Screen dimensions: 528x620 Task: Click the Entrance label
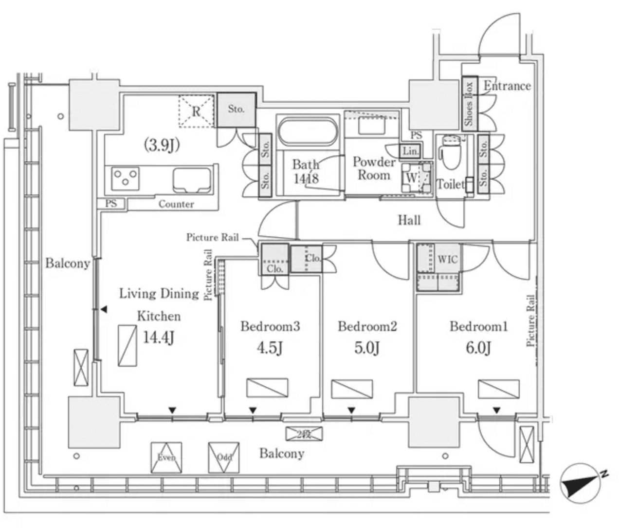pos(507,86)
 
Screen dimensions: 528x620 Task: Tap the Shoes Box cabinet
pos(469,104)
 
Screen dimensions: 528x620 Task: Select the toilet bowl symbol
pos(451,151)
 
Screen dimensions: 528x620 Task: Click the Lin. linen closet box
pos(410,151)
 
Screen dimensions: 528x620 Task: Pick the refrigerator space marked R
pos(196,111)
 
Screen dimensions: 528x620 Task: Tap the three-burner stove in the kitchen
pos(126,178)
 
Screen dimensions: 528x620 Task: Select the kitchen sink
pos(192,180)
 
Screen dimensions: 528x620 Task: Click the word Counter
pos(176,204)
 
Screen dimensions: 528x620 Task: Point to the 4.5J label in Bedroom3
pos(270,348)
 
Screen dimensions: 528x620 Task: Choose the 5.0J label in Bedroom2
pos(367,348)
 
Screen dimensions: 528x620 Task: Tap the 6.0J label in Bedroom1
pos(478,348)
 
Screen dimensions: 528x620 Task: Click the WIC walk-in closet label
pos(447,259)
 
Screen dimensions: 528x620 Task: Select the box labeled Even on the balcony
pos(166,457)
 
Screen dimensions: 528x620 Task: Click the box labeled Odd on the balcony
pos(224,457)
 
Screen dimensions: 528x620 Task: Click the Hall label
pos(409,220)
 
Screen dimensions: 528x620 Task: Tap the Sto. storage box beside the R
pos(236,110)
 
